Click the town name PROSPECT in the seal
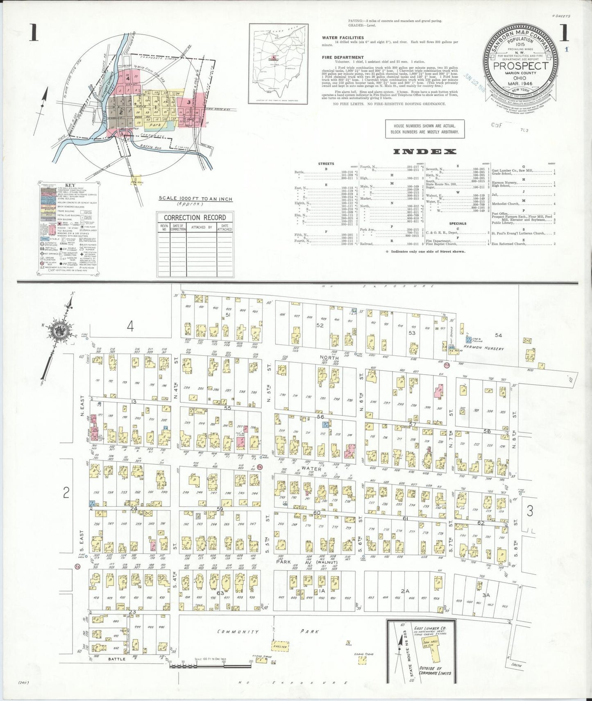click(x=520, y=66)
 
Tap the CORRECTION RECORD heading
click(x=195, y=217)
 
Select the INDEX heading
click(x=424, y=152)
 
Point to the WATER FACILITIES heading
click(x=342, y=38)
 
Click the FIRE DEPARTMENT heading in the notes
click(x=343, y=57)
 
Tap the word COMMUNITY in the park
click(x=238, y=632)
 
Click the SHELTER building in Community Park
click(x=281, y=646)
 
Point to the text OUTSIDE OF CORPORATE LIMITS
click(x=435, y=671)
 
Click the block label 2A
click(x=405, y=591)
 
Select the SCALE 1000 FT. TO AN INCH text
click(x=195, y=199)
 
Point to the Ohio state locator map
click(x=278, y=64)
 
